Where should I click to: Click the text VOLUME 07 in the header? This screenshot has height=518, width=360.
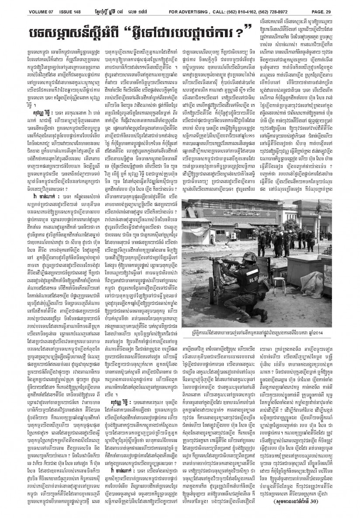(x=42, y=5)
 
